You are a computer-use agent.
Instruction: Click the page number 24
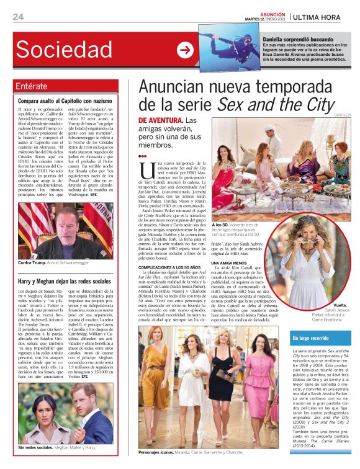(x=18, y=17)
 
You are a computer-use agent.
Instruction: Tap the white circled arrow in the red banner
(x=184, y=50)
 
